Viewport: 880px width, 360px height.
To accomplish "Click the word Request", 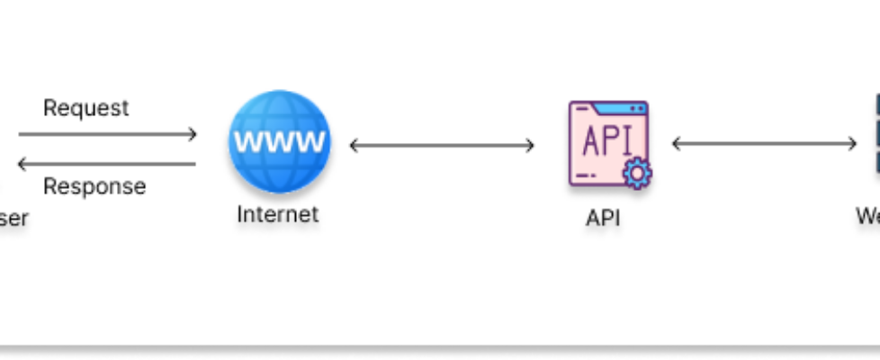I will click(x=85, y=108).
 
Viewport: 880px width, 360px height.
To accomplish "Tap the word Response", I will click(x=94, y=187).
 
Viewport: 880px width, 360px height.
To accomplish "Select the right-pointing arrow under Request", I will click(x=107, y=135).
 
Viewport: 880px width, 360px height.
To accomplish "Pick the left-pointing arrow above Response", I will click(x=107, y=164).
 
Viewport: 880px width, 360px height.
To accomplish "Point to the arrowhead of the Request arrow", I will click(x=191, y=135).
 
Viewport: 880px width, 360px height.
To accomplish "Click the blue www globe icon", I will click(x=279, y=142).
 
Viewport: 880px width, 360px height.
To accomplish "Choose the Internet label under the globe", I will click(x=278, y=214).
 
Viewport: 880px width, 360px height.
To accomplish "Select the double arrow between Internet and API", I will click(x=442, y=145).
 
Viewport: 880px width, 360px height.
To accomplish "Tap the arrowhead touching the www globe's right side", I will click(x=355, y=145).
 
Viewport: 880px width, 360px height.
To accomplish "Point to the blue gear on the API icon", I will click(x=637, y=173).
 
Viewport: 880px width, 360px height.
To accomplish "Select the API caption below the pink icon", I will click(x=603, y=218).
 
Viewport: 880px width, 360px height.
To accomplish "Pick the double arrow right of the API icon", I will click(x=765, y=144).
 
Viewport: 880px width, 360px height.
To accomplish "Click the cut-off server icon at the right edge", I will click(x=876, y=135).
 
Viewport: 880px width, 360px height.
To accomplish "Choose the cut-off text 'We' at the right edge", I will click(x=867, y=217).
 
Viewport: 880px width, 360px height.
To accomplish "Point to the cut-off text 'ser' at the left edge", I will click(x=13, y=217).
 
